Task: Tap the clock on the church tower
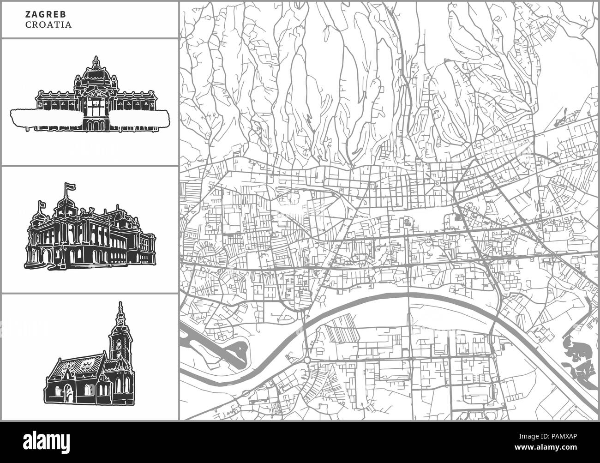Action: click(118, 344)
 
